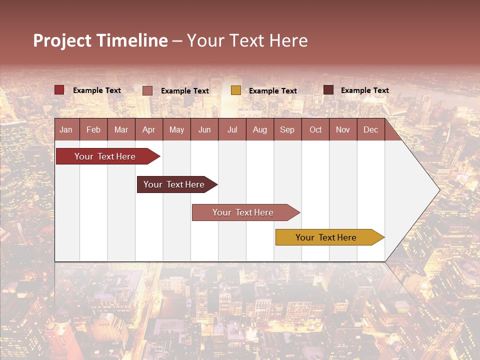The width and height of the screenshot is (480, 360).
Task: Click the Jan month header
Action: coord(66,129)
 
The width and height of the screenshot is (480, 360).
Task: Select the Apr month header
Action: coord(148,129)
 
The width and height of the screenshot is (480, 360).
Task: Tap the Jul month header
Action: coord(232,129)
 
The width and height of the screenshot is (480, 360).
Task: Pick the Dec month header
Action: coord(370,129)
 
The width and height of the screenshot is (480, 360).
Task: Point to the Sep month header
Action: coord(287,129)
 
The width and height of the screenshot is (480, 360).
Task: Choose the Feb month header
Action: coord(93,129)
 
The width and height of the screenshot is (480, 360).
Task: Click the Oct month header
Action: coord(315,129)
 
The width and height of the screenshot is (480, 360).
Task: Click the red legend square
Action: coord(59,90)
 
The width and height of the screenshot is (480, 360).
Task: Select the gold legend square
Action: coord(236,90)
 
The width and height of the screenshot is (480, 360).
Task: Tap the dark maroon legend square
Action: coord(328,90)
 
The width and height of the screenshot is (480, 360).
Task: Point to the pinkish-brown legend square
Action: coord(147,90)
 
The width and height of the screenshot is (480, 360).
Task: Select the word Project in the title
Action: coord(61,40)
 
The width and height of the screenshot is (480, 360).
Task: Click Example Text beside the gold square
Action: coord(272,91)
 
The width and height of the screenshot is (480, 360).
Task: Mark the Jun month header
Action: coord(204,129)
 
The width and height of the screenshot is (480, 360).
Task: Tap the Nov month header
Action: coord(343,129)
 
